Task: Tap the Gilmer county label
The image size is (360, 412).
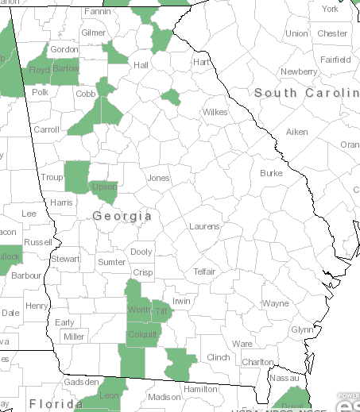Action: coord(93,33)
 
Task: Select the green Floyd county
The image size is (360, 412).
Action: coord(39,71)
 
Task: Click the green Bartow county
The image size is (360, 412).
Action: coord(65,71)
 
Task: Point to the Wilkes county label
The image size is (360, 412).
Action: coord(215,112)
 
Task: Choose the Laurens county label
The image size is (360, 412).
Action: coord(204,226)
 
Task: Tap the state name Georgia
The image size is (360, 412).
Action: coord(122,216)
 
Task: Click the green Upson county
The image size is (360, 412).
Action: coord(104,187)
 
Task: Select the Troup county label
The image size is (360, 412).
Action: coord(52,178)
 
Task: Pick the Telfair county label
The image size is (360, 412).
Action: coord(204,271)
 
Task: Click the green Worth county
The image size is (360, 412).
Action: coord(138,310)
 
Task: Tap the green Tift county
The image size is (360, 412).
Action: coord(161,311)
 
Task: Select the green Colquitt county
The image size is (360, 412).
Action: coord(142,334)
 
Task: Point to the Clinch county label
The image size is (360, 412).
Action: coord(218,357)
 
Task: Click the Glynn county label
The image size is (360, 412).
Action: coord(302,329)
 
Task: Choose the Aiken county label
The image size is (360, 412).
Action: coord(296,132)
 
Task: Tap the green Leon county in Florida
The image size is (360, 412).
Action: coord(108,395)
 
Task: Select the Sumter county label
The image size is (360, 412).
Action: coord(111,262)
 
